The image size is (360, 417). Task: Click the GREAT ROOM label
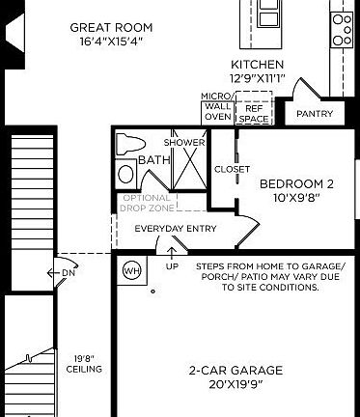[98, 28]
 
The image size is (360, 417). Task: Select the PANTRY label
[315, 114]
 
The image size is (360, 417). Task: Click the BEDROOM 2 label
[297, 183]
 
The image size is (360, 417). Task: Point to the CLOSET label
[232, 169]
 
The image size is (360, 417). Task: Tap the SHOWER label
[183, 143]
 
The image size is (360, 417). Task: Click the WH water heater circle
[131, 271]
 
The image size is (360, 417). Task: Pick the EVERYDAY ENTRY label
[175, 229]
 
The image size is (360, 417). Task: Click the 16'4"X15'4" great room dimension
[98, 42]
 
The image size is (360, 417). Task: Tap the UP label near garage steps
[173, 265]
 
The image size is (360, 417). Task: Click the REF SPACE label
[255, 113]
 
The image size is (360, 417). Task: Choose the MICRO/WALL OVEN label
[216, 106]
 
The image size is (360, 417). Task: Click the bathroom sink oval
[126, 175]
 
